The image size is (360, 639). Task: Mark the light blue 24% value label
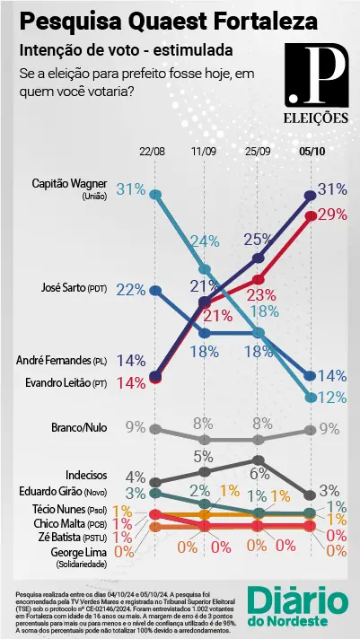pyautogui.click(x=206, y=241)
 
